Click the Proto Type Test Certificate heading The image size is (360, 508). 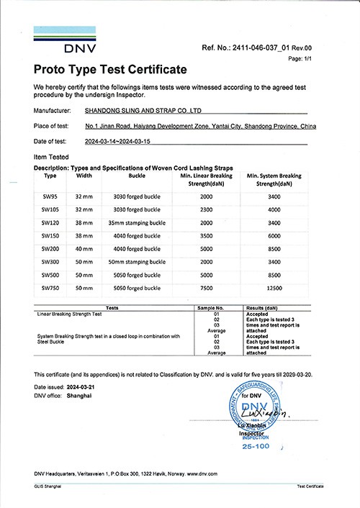coord(110,70)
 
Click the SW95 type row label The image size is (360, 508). coord(50,196)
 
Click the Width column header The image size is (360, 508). coord(84,175)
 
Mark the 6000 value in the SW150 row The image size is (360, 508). coord(273,236)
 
